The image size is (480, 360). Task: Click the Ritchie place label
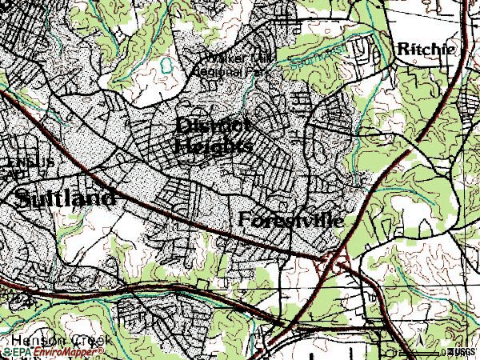pyautogui.click(x=426, y=49)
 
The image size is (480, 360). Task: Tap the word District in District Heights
pyautogui.click(x=213, y=126)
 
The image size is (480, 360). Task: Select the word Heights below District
pyautogui.click(x=213, y=146)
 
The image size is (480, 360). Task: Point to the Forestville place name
pyautogui.click(x=291, y=219)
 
